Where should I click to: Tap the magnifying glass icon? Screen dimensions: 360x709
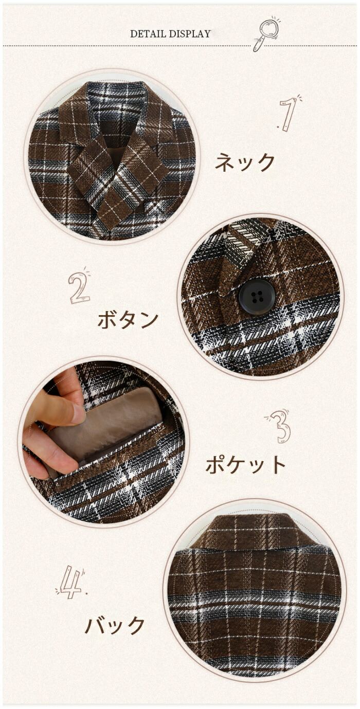[266, 34]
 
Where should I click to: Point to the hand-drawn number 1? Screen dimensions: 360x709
[289, 113]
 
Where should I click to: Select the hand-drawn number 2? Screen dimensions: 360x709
[79, 285]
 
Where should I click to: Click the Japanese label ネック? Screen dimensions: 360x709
[245, 162]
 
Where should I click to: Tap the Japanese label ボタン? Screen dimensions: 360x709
[128, 320]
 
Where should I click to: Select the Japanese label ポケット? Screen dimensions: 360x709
[245, 464]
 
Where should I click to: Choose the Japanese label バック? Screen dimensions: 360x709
[115, 625]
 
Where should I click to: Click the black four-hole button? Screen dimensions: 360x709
[257, 297]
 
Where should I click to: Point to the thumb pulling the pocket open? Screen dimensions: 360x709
[60, 409]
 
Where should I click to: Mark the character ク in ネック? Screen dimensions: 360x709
[265, 162]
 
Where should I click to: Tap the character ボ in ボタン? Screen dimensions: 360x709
[107, 320]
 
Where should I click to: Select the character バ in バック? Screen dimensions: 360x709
[95, 625]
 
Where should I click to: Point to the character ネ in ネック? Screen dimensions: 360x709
[225, 162]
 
